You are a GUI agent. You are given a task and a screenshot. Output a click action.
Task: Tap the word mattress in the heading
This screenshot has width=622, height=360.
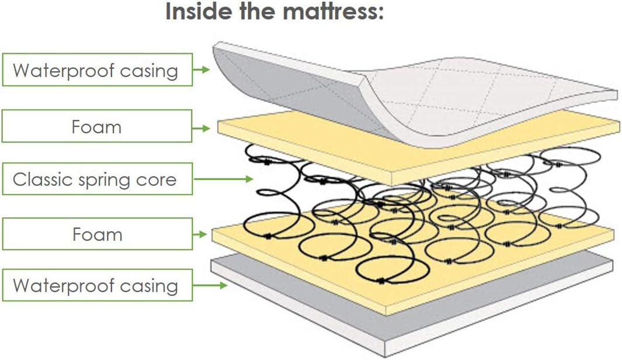coord(333,11)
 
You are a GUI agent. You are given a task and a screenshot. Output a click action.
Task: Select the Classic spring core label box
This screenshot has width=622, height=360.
coord(98,179)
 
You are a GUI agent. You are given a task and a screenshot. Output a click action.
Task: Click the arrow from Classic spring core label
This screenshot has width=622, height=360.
coord(223,179)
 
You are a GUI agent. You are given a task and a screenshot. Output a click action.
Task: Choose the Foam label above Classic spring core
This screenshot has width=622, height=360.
coord(97,126)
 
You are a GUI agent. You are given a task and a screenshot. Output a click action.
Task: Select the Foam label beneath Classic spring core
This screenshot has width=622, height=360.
coord(98,234)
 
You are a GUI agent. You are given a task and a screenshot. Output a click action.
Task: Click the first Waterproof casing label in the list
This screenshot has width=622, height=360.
coord(98,70)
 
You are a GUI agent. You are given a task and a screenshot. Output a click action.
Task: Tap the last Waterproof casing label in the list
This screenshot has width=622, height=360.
coord(98,285)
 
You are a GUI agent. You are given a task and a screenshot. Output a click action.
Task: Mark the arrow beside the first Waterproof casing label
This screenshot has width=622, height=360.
coord(201,70)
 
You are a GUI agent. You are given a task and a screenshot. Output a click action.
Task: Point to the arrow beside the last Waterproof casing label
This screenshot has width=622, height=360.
coord(210,285)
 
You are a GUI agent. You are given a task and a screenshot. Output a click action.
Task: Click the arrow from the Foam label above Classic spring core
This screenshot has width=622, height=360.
coord(201,128)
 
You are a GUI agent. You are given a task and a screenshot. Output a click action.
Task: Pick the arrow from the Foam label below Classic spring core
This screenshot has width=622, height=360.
coord(200,234)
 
